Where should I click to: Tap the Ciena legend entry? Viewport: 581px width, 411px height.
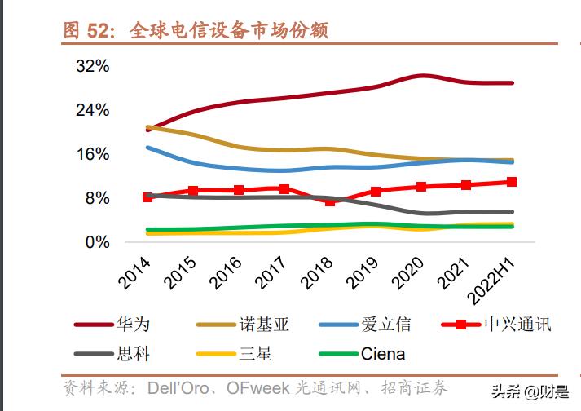[x=382, y=354]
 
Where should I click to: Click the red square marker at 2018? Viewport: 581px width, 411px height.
[x=330, y=201]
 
